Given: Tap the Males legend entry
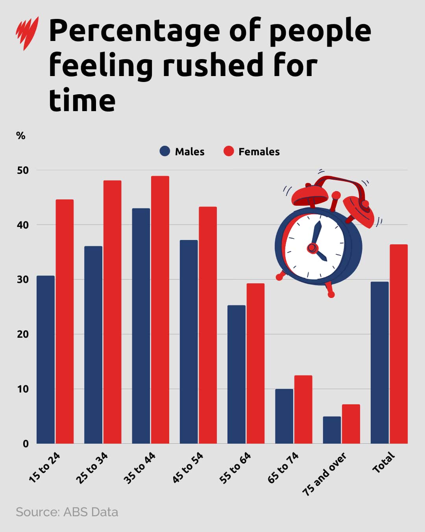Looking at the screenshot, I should [x=182, y=151].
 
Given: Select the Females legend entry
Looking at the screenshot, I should [x=251, y=151].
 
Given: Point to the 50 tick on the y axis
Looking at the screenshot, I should [x=23, y=170].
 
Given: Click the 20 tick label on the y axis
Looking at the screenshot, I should [x=23, y=334].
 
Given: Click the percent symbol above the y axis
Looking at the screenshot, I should [x=20, y=136].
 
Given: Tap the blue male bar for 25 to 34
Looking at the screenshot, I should [x=93, y=345].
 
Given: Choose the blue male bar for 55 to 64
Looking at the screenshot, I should [x=237, y=374].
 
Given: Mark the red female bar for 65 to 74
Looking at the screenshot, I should [x=303, y=409].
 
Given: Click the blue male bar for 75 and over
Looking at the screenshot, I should [x=332, y=430].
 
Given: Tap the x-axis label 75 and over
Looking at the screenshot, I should [x=325, y=474].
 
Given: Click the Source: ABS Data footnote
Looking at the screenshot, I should [x=67, y=512].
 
